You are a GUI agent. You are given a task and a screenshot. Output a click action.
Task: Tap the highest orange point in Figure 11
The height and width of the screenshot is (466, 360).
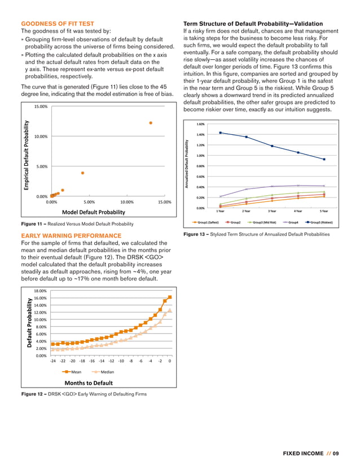151,122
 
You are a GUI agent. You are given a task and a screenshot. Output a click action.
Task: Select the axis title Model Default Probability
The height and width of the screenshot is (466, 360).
93,212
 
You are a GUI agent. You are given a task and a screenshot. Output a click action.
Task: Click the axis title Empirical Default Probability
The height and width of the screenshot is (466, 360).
25,152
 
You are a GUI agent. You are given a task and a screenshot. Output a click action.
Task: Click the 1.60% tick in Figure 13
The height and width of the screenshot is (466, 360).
201,124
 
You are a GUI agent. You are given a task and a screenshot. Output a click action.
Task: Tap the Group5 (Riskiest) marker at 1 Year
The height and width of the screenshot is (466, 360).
221,133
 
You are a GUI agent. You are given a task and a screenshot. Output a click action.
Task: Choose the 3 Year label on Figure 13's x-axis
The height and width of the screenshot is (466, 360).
272,212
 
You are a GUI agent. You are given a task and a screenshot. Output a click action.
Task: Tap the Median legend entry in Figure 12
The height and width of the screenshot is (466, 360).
107,372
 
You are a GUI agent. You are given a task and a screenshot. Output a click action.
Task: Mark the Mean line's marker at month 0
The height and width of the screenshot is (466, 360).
170,297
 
